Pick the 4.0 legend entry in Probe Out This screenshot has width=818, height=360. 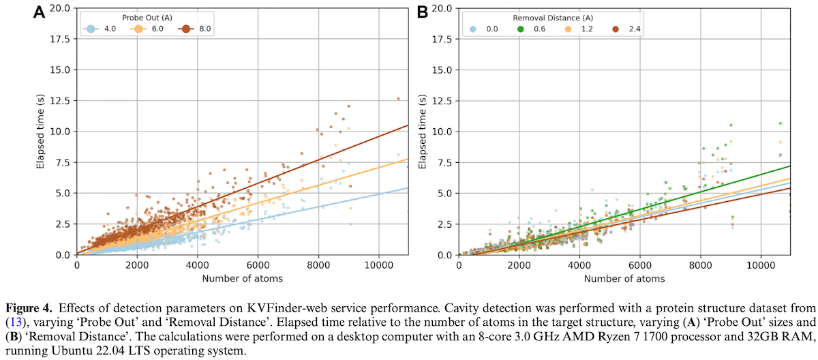click(x=102, y=29)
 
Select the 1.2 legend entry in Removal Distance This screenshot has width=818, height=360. click(x=581, y=29)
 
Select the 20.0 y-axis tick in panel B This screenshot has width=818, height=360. click(x=443, y=8)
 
